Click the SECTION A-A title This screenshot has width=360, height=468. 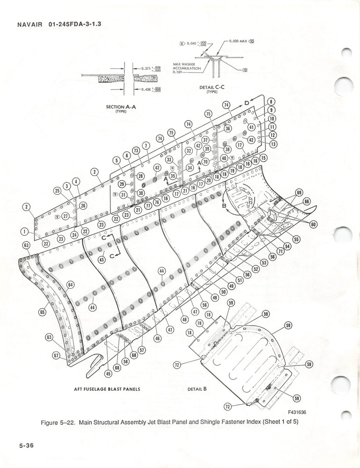[x=121, y=107]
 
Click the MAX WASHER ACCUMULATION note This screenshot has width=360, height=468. [x=187, y=68]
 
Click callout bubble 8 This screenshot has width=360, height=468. [x=271, y=102]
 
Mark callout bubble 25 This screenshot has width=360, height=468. [x=58, y=191]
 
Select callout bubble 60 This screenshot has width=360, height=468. [x=313, y=225]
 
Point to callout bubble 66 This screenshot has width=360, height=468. [x=307, y=202]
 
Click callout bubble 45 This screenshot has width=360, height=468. [x=109, y=373]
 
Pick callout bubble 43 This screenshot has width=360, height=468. [x=101, y=259]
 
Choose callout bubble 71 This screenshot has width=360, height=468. [x=281, y=252]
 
